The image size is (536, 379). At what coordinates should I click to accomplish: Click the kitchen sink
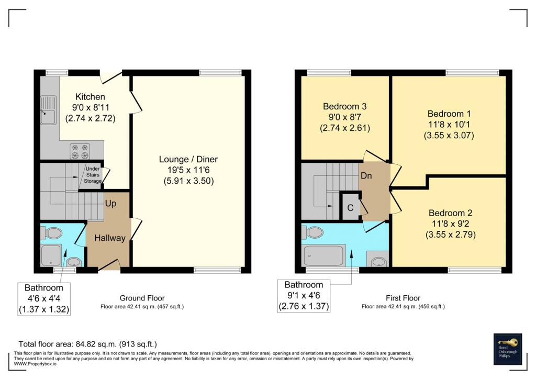[49, 110]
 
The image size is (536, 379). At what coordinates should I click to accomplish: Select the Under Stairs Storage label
[93, 175]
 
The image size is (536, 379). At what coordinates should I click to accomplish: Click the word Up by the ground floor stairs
[110, 203]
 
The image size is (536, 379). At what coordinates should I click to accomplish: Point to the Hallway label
[110, 238]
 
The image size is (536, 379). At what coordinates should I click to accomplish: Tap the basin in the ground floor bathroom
[74, 262]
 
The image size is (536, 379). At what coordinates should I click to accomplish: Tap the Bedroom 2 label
[450, 213]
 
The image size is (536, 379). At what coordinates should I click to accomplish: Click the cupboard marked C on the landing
[350, 207]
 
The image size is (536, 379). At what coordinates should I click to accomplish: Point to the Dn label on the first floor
[366, 176]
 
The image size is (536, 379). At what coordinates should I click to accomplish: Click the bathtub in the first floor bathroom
[323, 256]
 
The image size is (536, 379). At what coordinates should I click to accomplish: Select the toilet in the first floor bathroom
[315, 232]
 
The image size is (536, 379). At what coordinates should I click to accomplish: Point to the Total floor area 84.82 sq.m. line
[87, 344]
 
